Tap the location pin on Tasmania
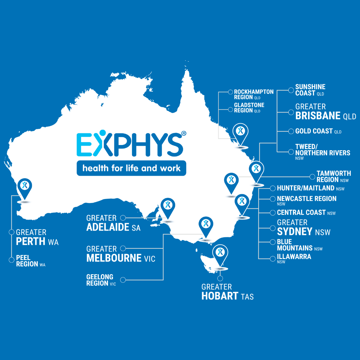pyautogui.click(x=220, y=254)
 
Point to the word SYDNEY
pyautogui.click(x=295, y=232)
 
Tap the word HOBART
pyautogui.click(x=220, y=296)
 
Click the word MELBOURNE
pyautogui.click(x=114, y=258)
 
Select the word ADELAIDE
pyautogui.click(x=108, y=227)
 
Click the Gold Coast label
pyautogui.click(x=314, y=131)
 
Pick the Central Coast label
pyautogui.click(x=301, y=213)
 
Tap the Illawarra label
pyautogui.click(x=294, y=257)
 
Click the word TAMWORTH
pyautogui.click(x=334, y=174)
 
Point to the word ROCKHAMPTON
pyautogui.click(x=254, y=92)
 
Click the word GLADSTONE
pyautogui.click(x=249, y=105)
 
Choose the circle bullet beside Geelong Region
pyautogui.click(x=123, y=280)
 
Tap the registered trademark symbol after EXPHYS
pyautogui.click(x=183, y=133)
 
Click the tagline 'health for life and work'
pyautogui.click(x=131, y=168)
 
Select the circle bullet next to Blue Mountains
pyautogui.click(x=273, y=242)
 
